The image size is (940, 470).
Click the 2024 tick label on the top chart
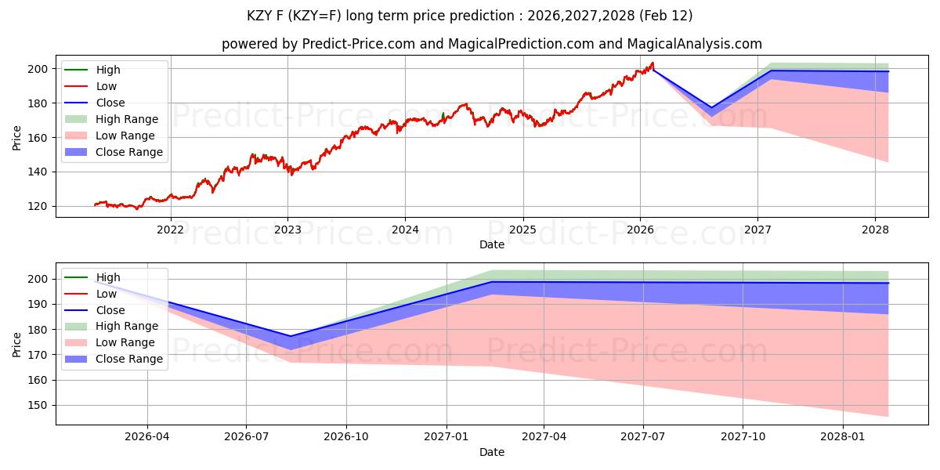[405, 230]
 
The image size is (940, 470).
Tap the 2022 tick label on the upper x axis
[170, 230]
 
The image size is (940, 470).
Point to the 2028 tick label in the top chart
[875, 230]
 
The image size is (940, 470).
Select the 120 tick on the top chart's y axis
[38, 206]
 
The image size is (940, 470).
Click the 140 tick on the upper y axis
[38, 172]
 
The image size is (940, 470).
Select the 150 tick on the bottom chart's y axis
[38, 405]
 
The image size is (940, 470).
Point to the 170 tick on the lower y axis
[38, 355]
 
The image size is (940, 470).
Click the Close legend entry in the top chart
[110, 103]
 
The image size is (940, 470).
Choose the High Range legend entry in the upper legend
[127, 119]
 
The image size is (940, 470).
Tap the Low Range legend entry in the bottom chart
[125, 342]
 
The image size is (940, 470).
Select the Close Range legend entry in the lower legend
[129, 359]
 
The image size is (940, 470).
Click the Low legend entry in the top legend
[107, 86]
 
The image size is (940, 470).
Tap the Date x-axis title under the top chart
[492, 244]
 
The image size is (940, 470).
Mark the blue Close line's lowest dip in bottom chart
[291, 336]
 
